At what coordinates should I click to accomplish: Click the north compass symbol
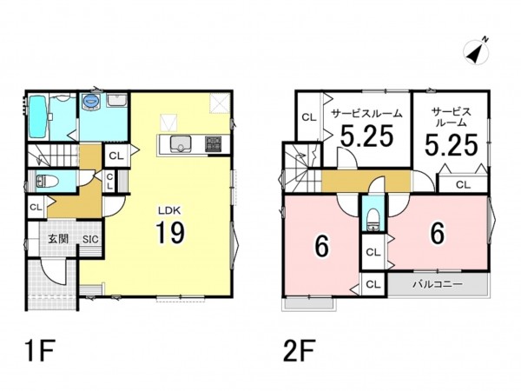click(x=477, y=51)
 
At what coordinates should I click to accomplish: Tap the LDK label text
click(x=169, y=210)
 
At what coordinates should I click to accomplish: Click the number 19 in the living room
click(x=170, y=233)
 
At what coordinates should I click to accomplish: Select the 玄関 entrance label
click(x=58, y=239)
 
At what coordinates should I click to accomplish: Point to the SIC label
click(x=90, y=239)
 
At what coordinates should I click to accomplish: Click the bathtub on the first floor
click(x=36, y=116)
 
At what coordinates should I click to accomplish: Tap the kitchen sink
click(x=181, y=144)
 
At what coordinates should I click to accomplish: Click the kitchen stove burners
click(x=214, y=144)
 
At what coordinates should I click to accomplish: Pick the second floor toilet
click(x=373, y=220)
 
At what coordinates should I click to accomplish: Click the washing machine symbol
click(x=90, y=100)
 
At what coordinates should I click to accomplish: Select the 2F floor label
click(x=299, y=350)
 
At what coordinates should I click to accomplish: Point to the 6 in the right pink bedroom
click(x=438, y=233)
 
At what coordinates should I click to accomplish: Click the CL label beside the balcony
click(x=373, y=284)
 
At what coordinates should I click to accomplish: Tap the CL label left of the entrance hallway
click(x=36, y=207)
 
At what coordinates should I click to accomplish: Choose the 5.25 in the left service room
click(x=367, y=136)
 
